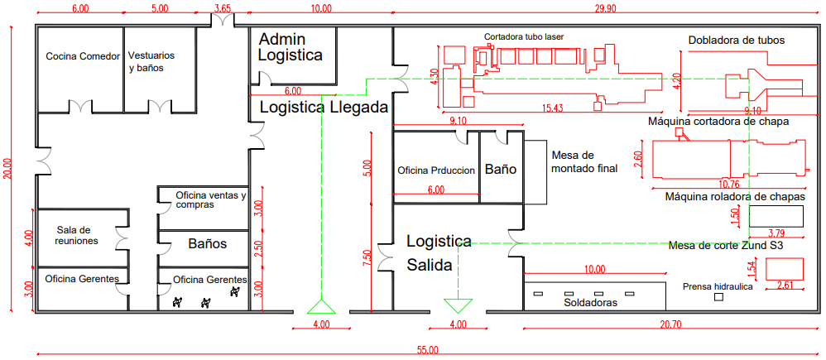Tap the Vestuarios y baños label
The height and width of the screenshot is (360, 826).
coord(151,62)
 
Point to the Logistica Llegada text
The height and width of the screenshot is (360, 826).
coord(324,108)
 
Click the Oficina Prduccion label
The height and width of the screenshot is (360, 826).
coord(436,170)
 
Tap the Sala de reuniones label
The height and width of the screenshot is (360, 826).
coord(77,235)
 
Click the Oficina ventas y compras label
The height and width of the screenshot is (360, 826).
coord(210,200)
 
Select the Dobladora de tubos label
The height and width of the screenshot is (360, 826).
coord(736,40)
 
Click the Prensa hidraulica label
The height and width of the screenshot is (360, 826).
coord(718,287)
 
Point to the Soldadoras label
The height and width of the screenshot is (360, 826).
coord(592,303)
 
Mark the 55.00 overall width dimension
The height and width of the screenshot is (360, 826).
coord(428,351)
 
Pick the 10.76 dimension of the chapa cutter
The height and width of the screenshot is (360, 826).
coord(730,183)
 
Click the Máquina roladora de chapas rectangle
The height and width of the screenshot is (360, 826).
coord(776,217)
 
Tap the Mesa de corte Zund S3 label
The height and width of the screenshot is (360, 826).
coord(725,246)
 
